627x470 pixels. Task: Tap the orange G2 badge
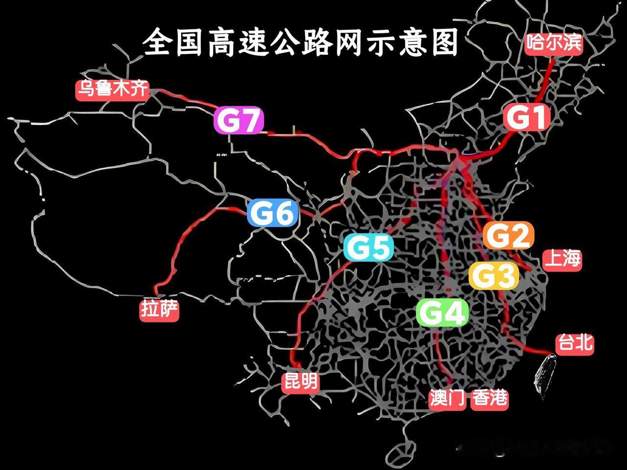pyautogui.click(x=508, y=236)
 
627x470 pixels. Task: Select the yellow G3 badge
pyautogui.click(x=494, y=275)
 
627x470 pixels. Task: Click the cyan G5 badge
pyautogui.click(x=368, y=247)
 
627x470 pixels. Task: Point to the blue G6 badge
pyautogui.click(x=272, y=213)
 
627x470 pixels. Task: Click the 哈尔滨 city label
pyautogui.click(x=554, y=43)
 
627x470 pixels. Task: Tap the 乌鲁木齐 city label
pyautogui.click(x=112, y=90)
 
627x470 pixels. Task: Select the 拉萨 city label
pyautogui.click(x=160, y=310)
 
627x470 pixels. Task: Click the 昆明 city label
pyautogui.click(x=301, y=381)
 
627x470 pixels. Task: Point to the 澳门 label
pyautogui.click(x=447, y=398)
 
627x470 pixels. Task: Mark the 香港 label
pyautogui.click(x=489, y=398)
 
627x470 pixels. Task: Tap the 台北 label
pyautogui.click(x=575, y=343)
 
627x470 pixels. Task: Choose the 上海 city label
pyautogui.click(x=562, y=259)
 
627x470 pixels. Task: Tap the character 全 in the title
pyautogui.click(x=159, y=43)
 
